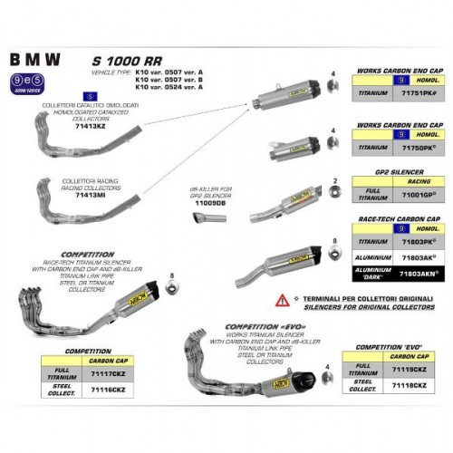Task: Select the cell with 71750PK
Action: pyautogui.click(x=418, y=145)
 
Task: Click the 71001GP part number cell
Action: pyautogui.click(x=418, y=194)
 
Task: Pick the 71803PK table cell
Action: pyautogui.click(x=418, y=243)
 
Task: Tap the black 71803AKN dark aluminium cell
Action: pyautogui.click(x=418, y=271)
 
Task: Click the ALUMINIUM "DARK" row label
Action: pyautogui.click(x=356, y=271)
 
